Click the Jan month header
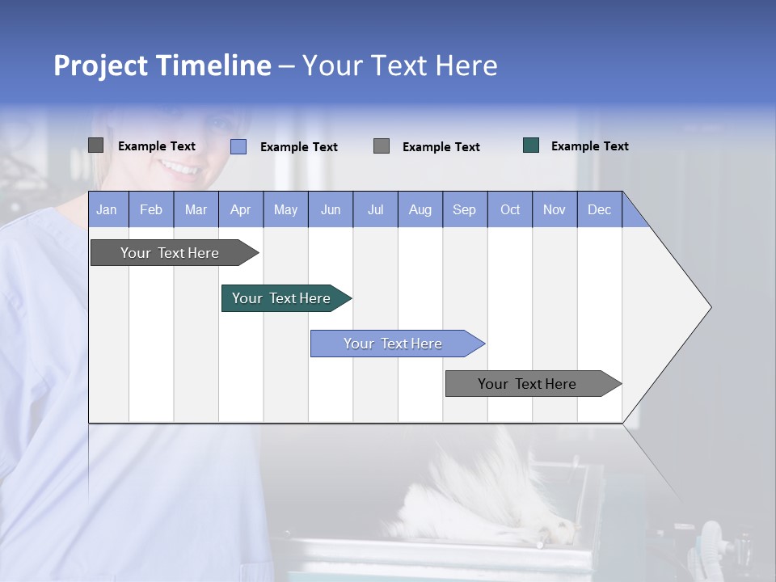tap(108, 209)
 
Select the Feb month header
tap(151, 209)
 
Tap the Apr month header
tap(241, 209)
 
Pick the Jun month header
tap(331, 209)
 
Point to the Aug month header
tap(420, 209)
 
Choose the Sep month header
tap(465, 209)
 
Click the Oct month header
tap(510, 209)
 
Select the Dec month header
tap(600, 209)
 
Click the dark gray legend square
tap(96, 145)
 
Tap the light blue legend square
tap(238, 146)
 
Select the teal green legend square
tap(531, 145)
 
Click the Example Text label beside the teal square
tap(590, 146)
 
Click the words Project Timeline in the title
tap(162, 65)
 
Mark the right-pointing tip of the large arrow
tap(709, 307)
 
